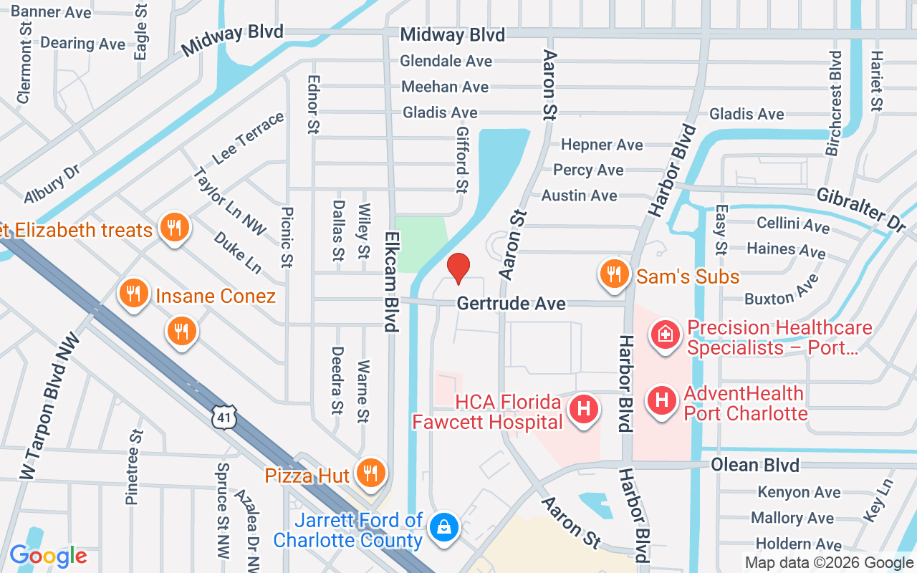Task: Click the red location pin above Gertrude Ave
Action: coord(458,268)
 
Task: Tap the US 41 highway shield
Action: coord(224,415)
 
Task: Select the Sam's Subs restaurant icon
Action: coord(613,275)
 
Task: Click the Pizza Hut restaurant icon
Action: coord(370,473)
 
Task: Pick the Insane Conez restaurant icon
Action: coord(133,294)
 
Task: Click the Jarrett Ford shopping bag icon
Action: coord(444,527)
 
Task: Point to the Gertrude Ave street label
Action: coord(512,304)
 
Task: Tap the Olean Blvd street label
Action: coord(754,465)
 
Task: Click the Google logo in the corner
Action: coord(48,556)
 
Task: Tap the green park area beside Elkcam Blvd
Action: coord(420,244)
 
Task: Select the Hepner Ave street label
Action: coord(602,145)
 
